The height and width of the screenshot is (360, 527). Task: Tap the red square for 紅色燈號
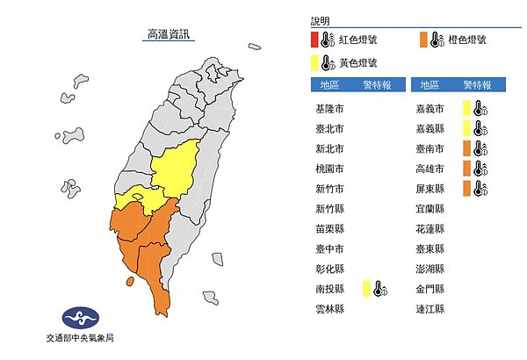[314, 40]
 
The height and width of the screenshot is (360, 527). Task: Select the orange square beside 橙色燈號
[423, 40]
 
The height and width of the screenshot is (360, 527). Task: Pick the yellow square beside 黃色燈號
[314, 61]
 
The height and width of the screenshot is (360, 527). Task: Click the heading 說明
[318, 20]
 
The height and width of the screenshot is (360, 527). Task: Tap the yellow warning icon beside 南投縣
[375, 288]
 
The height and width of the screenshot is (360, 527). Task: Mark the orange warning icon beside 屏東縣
[475, 189]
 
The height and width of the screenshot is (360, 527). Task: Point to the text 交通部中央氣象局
[78, 339]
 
